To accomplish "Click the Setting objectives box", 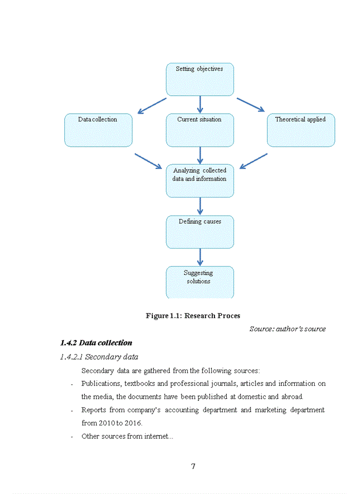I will (200, 79).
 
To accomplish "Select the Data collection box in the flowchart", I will (98, 130).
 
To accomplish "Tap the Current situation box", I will (200, 130).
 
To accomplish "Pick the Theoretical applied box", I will (301, 130).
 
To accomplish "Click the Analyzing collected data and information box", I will (200, 181).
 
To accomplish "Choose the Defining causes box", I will (200, 232).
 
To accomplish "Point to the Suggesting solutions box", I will (200, 281).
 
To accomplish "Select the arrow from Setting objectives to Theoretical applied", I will (250, 104).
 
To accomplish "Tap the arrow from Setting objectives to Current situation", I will (200, 104).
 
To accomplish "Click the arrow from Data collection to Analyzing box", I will (148, 161).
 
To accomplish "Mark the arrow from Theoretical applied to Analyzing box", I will (254, 161).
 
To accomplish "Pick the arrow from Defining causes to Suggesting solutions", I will (200, 257).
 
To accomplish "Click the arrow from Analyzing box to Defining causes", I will (200, 206).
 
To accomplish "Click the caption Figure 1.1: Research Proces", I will (193, 316).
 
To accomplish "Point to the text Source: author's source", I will (287, 329).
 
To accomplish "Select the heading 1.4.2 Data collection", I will (96, 343).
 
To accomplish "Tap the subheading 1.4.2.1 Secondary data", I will (99, 357).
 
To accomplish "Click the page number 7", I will (193, 467).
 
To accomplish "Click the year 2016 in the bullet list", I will (133, 423).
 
